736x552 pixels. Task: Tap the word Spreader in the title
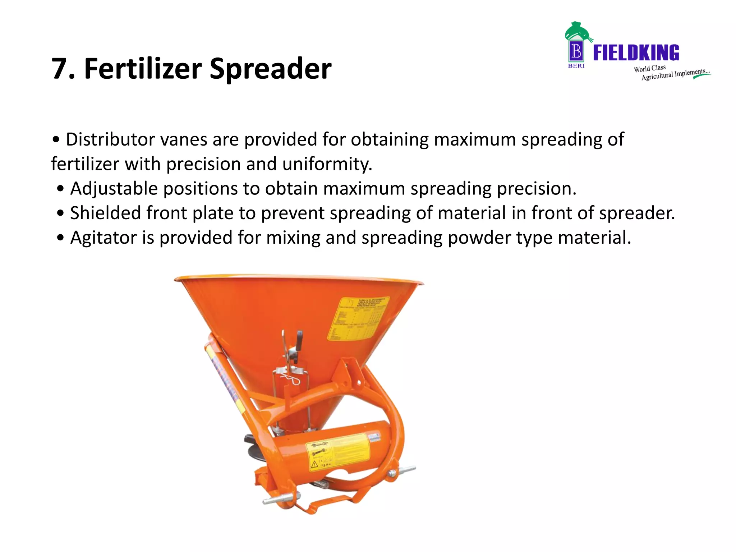tap(270, 69)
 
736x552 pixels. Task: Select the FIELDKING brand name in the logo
tap(636, 53)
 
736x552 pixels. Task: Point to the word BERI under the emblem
tap(576, 66)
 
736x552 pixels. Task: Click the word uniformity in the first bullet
tap(327, 164)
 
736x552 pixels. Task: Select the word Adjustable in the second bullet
tap(114, 188)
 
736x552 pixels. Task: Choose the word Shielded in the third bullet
tap(105, 213)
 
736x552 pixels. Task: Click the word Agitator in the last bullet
tap(103, 238)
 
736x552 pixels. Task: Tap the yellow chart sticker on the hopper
tap(358, 318)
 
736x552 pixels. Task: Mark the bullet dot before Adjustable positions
tap(61, 189)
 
